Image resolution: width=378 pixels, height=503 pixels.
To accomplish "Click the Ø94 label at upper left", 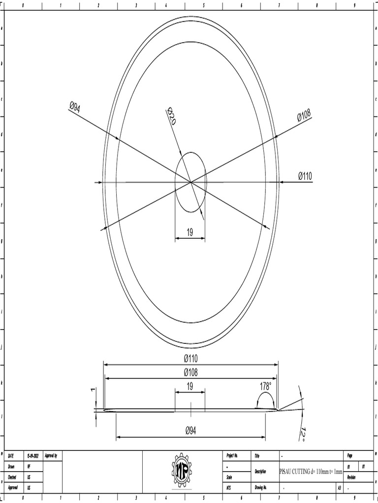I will [x=74, y=107].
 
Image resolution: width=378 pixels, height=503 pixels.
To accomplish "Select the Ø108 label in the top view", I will [x=304, y=116].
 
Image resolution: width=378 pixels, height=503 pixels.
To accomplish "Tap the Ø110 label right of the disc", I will [x=305, y=176].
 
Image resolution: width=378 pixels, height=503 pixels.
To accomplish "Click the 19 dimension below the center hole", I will [x=190, y=233].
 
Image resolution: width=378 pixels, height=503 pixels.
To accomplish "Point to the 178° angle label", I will [x=265, y=387].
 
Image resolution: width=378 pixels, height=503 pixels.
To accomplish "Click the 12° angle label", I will [x=304, y=434].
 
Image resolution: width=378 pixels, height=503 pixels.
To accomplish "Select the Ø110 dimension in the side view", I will [x=190, y=359].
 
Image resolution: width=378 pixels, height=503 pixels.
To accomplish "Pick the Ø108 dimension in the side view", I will [x=190, y=372].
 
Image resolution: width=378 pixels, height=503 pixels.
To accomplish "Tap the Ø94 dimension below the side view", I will [x=190, y=430].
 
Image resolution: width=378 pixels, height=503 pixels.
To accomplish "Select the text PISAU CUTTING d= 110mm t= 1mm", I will [x=311, y=472].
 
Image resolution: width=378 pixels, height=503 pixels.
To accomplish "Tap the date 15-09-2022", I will [x=33, y=456].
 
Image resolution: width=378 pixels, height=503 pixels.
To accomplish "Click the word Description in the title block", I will [x=260, y=472].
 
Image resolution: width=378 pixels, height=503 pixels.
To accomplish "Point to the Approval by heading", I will [x=51, y=456].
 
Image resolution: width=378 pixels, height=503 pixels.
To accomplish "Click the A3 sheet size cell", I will [x=339, y=488].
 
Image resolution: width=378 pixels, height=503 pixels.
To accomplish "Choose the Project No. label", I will [x=232, y=456].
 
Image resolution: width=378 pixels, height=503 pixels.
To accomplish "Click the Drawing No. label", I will [x=261, y=488].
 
